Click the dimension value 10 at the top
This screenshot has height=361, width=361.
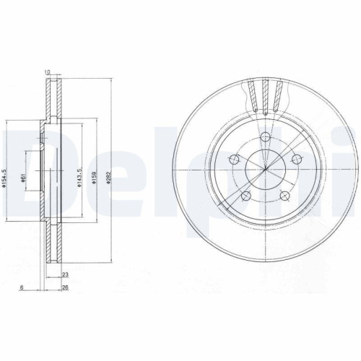coord(48,71)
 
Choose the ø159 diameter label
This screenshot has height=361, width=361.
coord(93,175)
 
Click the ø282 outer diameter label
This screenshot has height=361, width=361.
coord(107,175)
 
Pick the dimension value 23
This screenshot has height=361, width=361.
coord(65,274)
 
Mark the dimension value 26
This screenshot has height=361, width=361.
coord(65,287)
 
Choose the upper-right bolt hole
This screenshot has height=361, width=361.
coord(296,160)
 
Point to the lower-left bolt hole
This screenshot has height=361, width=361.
coord(245,196)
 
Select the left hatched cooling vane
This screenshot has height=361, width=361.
coord(251,96)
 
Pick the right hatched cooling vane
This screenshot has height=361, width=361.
coord(279,96)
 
